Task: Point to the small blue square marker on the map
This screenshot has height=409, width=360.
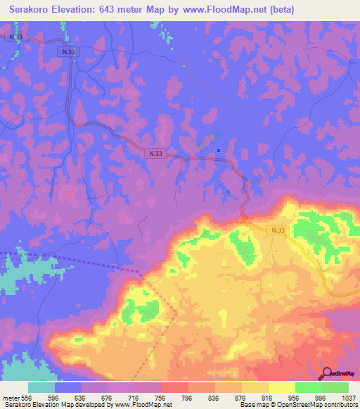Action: [x=219, y=150]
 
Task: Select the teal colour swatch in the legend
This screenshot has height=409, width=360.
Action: [x=41, y=387]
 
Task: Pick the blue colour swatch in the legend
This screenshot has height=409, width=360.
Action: [x=68, y=387]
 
